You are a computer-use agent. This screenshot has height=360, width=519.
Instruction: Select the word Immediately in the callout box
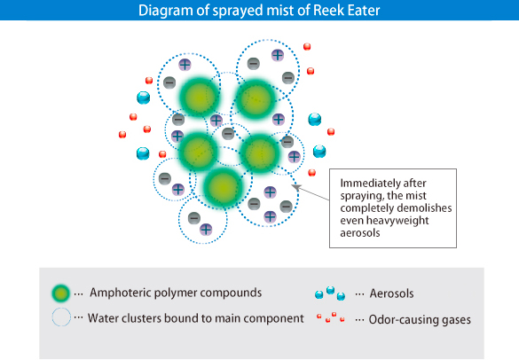tap(365, 184)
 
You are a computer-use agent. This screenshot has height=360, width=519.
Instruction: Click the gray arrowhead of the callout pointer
tap(295, 187)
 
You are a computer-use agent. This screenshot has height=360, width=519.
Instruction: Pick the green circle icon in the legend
tap(61, 293)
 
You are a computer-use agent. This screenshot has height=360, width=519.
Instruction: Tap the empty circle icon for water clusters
tap(61, 317)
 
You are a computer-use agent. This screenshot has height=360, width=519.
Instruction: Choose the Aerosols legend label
tap(391, 293)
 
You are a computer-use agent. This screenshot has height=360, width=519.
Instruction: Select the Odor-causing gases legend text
tap(420, 319)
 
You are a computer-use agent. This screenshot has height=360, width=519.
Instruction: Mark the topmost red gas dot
tap(307, 47)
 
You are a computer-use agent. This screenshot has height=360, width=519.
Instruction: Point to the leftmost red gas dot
tap(122, 135)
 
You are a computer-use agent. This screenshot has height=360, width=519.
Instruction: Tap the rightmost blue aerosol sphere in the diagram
tap(319, 152)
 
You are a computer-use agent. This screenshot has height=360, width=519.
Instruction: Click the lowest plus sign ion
tap(206, 230)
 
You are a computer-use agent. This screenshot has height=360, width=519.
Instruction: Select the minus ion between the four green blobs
tap(228, 134)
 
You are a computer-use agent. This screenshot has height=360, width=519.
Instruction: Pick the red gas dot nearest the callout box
tap(311, 172)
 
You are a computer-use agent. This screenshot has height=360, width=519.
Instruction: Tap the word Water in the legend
tap(103, 318)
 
